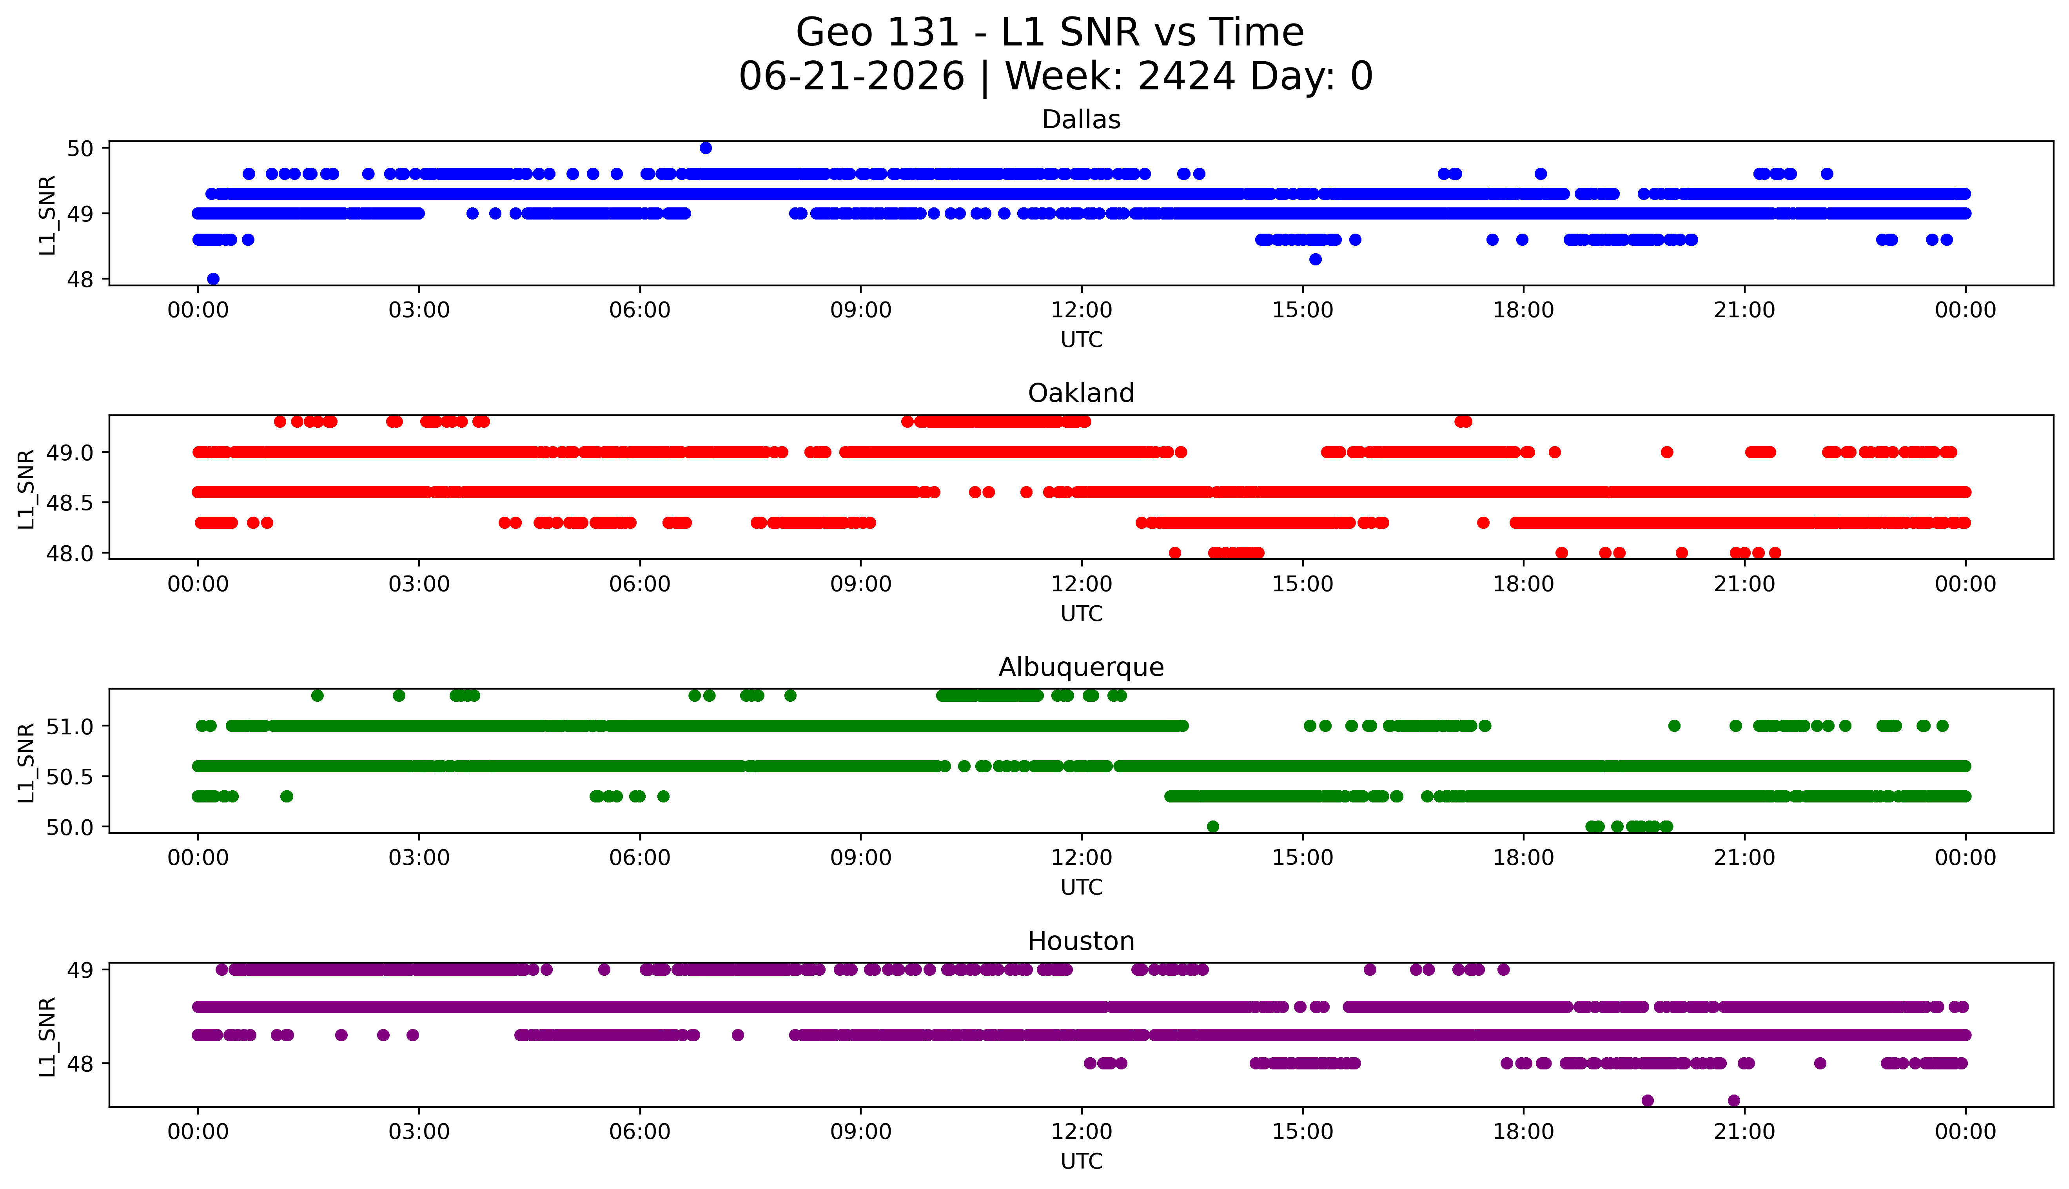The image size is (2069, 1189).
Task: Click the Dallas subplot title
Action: [x=1081, y=120]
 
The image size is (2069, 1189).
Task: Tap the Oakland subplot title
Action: [x=1081, y=394]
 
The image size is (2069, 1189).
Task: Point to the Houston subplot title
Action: [x=1081, y=942]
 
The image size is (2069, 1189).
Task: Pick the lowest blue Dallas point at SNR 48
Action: [x=213, y=278]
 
